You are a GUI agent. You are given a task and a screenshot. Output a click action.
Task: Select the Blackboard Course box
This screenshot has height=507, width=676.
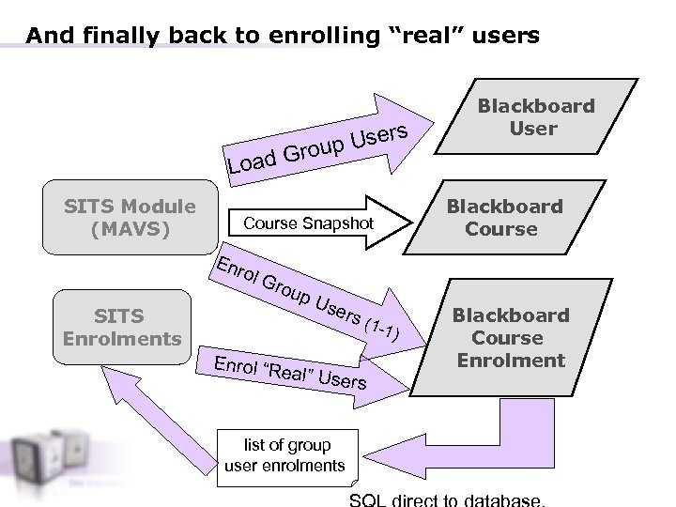pyautogui.click(x=504, y=218)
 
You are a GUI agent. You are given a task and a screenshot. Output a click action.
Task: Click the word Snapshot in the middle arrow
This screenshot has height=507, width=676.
pyautogui.click(x=339, y=223)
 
